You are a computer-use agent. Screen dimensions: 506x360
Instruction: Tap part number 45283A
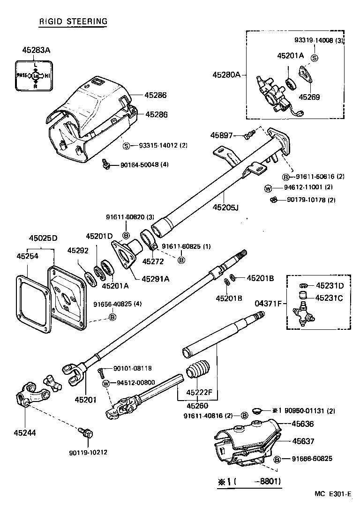36,50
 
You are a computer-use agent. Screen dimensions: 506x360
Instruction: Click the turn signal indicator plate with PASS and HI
36,75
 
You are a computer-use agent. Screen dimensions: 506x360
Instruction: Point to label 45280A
226,74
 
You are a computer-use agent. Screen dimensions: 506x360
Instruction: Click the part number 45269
310,97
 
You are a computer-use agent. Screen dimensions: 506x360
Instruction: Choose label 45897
221,135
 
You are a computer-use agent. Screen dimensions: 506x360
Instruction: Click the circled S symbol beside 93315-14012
126,146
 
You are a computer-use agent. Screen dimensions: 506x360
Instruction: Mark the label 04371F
268,304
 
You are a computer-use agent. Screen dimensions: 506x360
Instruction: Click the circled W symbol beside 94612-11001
268,189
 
